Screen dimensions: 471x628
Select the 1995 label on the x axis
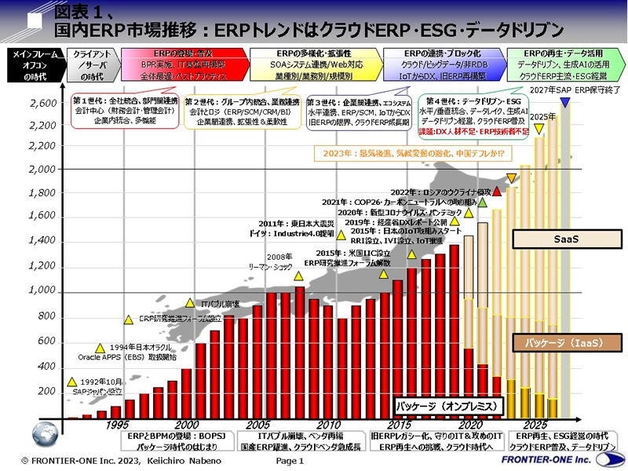coord(116,424)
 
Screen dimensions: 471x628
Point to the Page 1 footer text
coord(290,461)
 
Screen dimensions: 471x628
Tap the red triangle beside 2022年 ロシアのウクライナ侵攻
coord(497,192)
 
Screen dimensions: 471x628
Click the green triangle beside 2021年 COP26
coord(484,202)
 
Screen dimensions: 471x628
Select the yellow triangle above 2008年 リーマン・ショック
coord(298,276)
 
